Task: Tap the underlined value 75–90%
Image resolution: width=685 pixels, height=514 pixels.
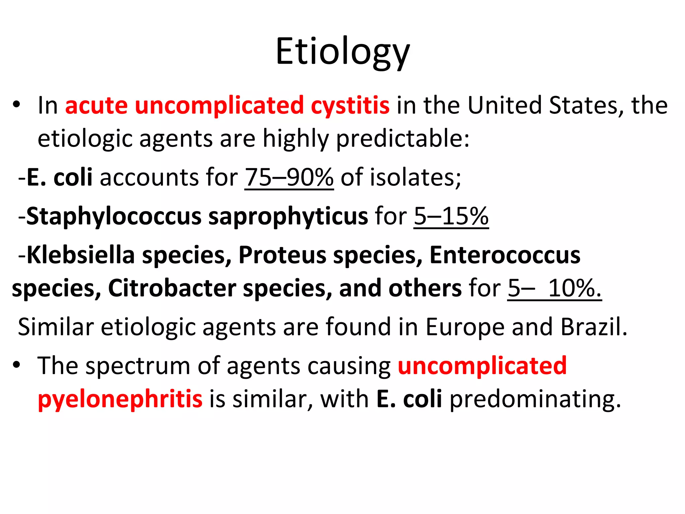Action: (289, 177)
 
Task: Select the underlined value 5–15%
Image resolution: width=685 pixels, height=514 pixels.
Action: (451, 216)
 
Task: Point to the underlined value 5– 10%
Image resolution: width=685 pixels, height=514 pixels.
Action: (554, 288)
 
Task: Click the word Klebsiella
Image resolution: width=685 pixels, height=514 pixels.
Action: (80, 255)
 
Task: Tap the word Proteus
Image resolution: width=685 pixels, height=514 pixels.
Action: (282, 255)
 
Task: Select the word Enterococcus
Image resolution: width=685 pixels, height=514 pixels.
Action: (505, 255)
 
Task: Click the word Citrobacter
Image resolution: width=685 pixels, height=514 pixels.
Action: (172, 288)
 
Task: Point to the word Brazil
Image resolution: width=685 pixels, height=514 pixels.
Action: (594, 327)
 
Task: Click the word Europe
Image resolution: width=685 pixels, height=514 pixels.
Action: (465, 327)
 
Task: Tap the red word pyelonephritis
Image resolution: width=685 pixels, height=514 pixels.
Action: (120, 399)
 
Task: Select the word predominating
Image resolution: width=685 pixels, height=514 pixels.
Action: (535, 399)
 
